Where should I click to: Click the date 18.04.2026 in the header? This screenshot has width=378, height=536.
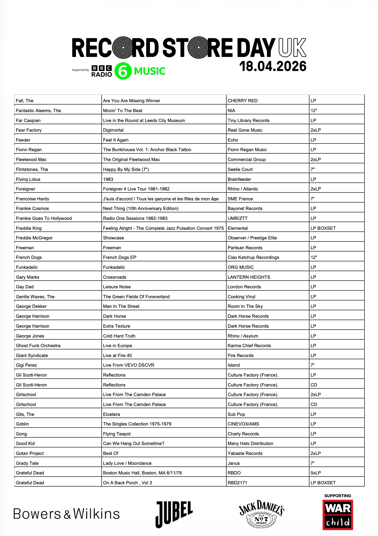[x=273, y=67]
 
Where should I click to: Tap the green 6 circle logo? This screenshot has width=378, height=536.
[x=123, y=71]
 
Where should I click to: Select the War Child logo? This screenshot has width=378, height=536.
[x=338, y=515]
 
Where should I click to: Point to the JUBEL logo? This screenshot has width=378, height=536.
[x=174, y=514]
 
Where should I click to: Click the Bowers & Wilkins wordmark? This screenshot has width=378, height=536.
[x=66, y=514]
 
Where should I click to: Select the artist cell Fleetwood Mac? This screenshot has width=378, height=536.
[x=31, y=159]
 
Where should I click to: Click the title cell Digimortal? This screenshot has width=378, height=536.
[x=113, y=130]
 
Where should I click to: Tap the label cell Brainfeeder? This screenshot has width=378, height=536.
[x=239, y=179]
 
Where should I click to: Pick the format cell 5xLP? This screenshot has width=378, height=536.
[x=316, y=473]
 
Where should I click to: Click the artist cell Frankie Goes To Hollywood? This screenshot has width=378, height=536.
[x=44, y=218]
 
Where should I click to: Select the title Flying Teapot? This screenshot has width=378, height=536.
[x=117, y=434]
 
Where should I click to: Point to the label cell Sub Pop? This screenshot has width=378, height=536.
[x=236, y=414]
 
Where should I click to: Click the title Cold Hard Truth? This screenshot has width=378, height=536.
[x=119, y=336]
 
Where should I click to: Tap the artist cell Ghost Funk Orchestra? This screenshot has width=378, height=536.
[x=38, y=346]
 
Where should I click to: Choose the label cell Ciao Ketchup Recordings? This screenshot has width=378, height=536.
[x=253, y=257]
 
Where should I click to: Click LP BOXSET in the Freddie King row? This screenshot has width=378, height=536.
[x=323, y=228]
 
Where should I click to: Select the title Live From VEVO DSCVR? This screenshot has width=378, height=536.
[x=129, y=365]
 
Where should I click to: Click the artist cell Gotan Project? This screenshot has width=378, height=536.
[x=30, y=453]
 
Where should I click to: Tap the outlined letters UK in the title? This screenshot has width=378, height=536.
[x=292, y=48]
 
